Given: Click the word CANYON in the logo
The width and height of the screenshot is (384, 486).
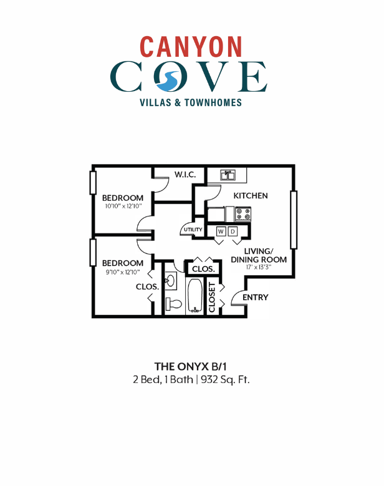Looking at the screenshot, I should pos(191,46).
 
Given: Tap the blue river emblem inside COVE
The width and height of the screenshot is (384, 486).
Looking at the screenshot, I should pos(167,78).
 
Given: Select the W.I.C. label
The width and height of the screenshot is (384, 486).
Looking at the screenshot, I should pos(185,175).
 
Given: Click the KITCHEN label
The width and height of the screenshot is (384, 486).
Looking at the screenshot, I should pos(251,196).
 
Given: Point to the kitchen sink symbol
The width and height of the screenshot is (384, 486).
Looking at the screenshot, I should pos(227,175).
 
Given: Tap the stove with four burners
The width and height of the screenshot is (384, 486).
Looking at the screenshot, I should pos(242,214).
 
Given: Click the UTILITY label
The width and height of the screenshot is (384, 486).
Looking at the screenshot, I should pos(192,230).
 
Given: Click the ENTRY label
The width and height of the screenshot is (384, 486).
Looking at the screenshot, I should pos(256,298).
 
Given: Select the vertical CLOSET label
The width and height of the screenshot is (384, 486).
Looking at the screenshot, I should pos(213,297).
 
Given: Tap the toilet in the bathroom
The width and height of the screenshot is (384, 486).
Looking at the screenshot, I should pos(174,304).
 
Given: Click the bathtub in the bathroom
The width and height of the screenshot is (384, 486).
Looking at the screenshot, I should pos(194,296).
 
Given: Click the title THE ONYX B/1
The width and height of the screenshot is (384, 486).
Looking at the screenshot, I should pos(191,366).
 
